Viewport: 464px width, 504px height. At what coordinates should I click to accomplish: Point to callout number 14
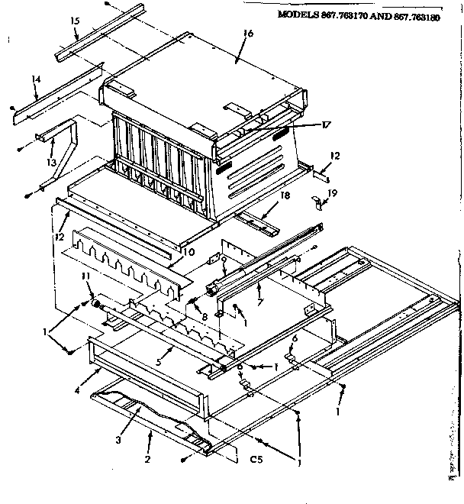[36, 79]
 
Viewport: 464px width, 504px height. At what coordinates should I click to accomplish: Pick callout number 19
[332, 195]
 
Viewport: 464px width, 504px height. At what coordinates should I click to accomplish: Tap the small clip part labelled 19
[317, 201]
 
